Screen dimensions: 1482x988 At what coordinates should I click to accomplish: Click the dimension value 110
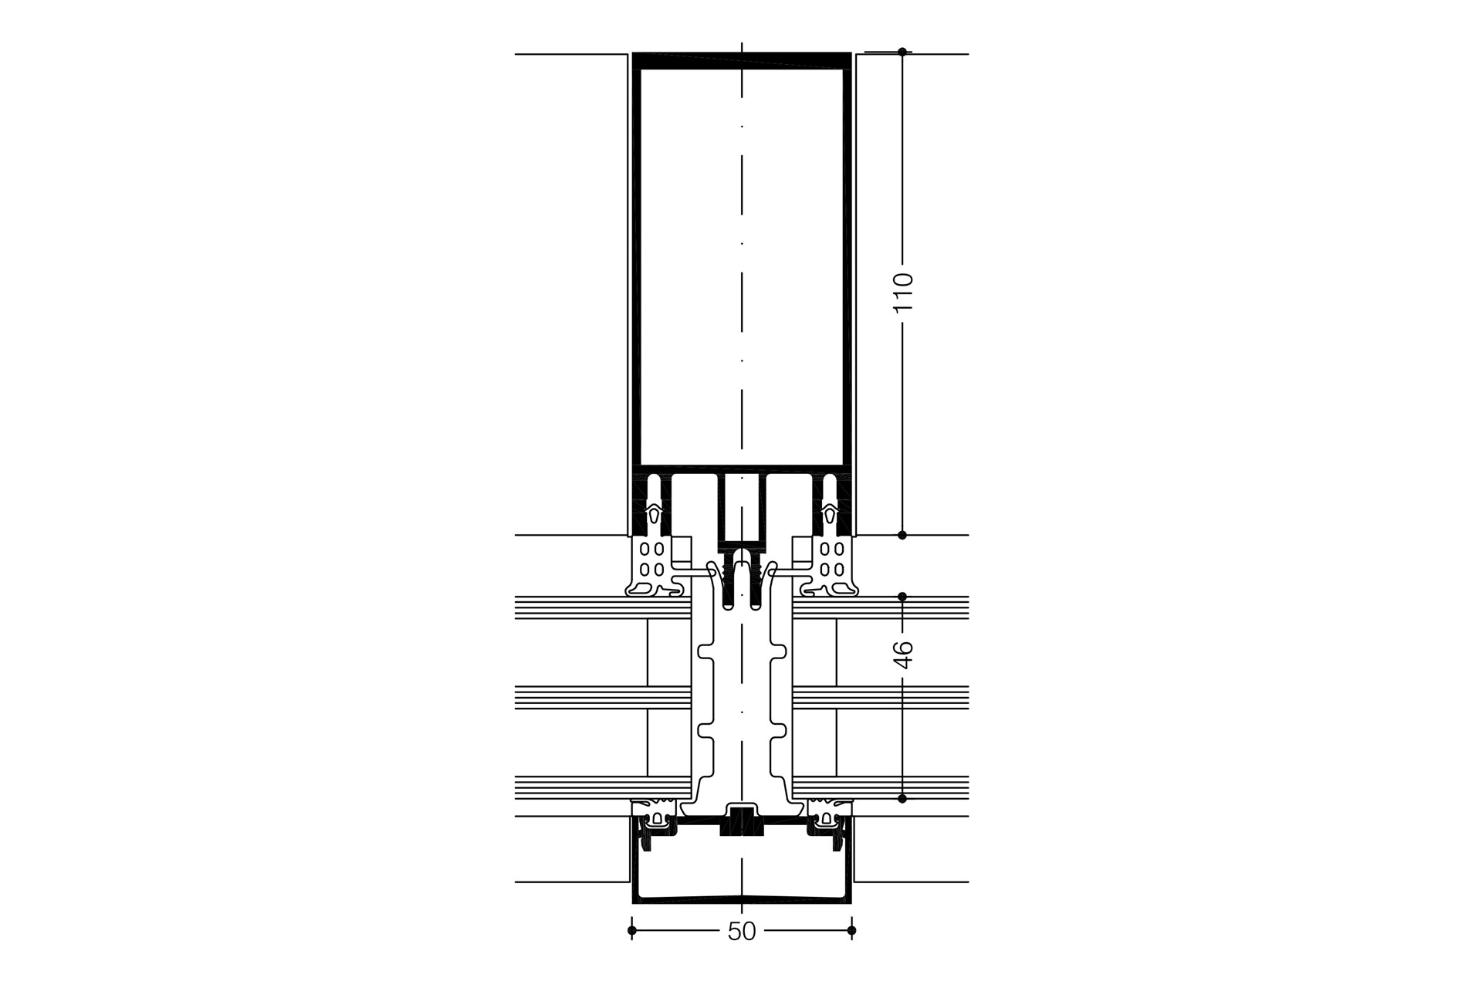pyautogui.click(x=902, y=293)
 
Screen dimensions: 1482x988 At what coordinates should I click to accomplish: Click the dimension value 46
pyautogui.click(x=902, y=654)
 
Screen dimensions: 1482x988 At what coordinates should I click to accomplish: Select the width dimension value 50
pyautogui.click(x=742, y=932)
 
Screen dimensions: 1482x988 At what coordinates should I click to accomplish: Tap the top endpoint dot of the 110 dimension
pyautogui.click(x=902, y=52)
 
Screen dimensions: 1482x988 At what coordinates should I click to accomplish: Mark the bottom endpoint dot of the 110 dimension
pyautogui.click(x=902, y=535)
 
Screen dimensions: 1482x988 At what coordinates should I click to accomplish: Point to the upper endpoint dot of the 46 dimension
pyautogui.click(x=902, y=597)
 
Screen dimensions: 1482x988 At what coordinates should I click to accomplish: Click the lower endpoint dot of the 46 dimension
pyautogui.click(x=902, y=799)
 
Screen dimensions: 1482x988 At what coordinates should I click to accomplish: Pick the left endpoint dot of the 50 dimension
pyautogui.click(x=632, y=931)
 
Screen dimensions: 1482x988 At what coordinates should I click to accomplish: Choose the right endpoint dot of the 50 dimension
pyautogui.click(x=851, y=931)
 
